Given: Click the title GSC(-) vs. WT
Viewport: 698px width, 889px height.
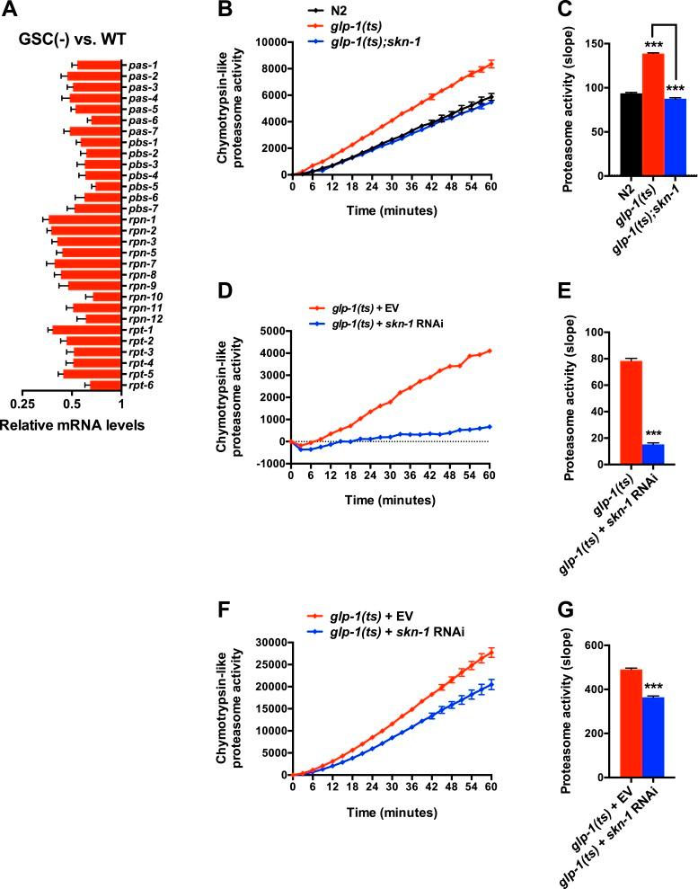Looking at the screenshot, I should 69,39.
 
